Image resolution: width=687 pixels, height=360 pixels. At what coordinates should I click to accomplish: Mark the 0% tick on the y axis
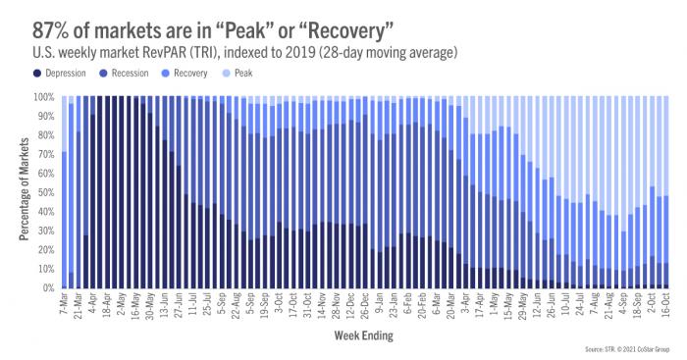point(47,288)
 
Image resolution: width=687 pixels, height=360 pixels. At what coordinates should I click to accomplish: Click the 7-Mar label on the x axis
point(65,304)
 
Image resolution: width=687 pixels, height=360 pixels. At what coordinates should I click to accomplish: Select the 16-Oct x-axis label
point(664,305)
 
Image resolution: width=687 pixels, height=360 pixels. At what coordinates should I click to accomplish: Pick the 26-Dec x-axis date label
point(365,306)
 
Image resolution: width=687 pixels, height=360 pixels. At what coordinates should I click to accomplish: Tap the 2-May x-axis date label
point(123,304)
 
